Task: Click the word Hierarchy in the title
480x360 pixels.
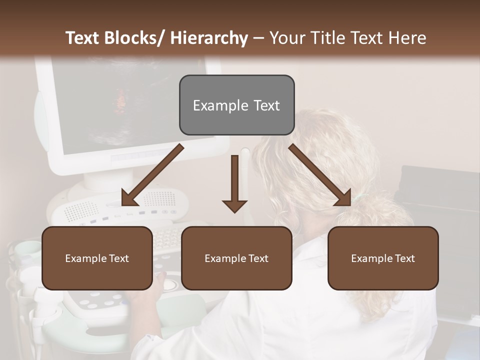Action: tap(209, 38)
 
